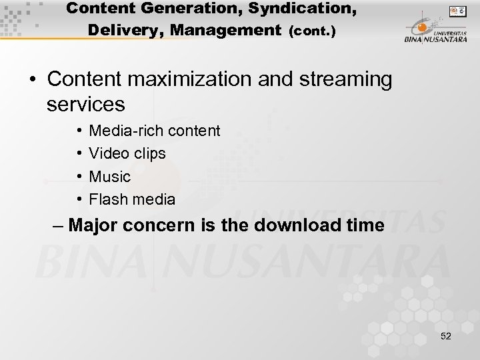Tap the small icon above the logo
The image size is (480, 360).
click(457, 11)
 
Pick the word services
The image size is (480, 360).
click(86, 104)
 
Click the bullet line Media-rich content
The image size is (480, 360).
click(154, 131)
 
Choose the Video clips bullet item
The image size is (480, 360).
click(127, 153)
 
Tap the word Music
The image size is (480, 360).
click(110, 177)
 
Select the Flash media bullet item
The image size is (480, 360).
click(132, 199)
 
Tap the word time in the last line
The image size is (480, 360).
click(365, 225)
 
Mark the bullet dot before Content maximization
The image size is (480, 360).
click(32, 80)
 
